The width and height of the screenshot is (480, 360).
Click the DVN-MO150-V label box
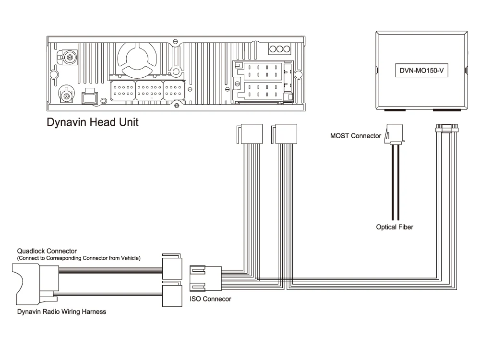421,71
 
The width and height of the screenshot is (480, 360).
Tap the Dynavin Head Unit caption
93,122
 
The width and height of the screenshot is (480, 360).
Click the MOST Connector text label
355,136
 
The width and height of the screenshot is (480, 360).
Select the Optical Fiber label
395,227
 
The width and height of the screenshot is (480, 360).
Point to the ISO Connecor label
210,299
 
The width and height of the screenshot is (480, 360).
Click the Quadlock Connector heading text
47,251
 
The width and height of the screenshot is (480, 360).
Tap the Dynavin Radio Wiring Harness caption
61,312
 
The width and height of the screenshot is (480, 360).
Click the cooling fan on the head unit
137,58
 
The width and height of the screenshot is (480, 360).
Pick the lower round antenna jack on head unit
66,96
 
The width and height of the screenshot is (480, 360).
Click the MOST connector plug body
394,134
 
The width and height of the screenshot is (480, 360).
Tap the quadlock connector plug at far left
36,284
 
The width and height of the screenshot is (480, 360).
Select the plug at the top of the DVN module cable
447,128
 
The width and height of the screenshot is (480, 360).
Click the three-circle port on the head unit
280,49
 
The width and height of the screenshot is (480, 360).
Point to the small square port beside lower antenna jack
89,97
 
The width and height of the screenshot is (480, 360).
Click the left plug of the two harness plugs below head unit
250,134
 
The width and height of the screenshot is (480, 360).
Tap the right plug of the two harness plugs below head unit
284,134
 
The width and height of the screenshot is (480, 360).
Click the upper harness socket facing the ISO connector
172,266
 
